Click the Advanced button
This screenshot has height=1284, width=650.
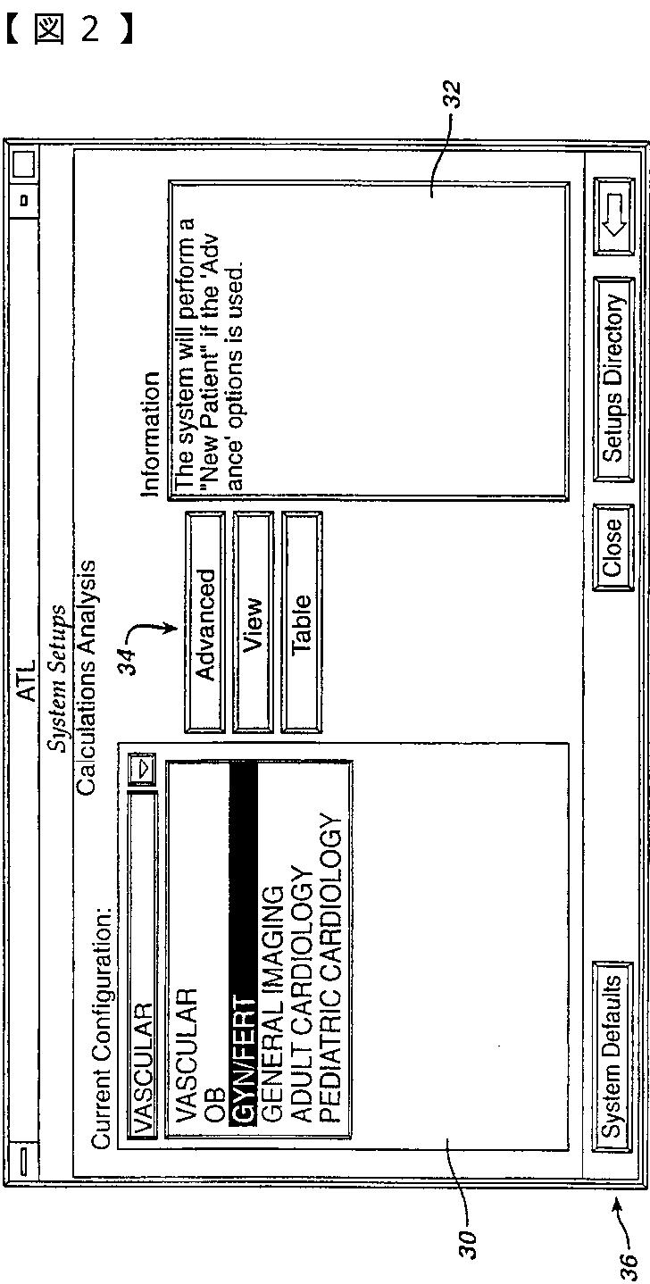(204, 622)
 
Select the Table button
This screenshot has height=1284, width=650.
(302, 622)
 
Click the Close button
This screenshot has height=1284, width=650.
(613, 547)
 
